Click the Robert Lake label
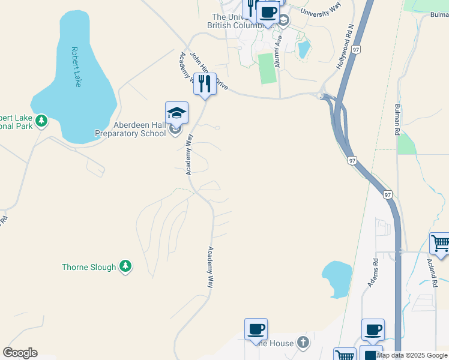(x=76, y=67)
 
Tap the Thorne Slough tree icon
(x=125, y=266)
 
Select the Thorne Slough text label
(x=88, y=267)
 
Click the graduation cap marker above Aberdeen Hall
(x=176, y=113)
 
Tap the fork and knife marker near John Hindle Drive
(x=205, y=85)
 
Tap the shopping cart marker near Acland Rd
(x=440, y=245)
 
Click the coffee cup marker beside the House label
(x=256, y=329)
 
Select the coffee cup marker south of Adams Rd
(x=373, y=330)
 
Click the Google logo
(x=20, y=353)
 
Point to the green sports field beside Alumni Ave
(x=267, y=68)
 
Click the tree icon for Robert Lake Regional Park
(x=41, y=121)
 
